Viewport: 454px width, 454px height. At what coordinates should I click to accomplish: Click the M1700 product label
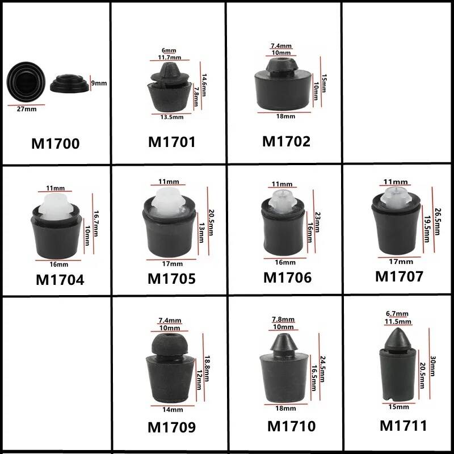pyautogui.click(x=55, y=144)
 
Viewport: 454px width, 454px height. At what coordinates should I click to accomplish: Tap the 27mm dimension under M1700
pyautogui.click(x=27, y=109)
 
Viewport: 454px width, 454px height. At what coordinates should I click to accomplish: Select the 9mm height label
pyautogui.click(x=99, y=83)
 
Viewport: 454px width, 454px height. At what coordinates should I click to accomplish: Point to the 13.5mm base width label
pyautogui.click(x=172, y=117)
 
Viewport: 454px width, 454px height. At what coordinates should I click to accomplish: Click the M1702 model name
pyautogui.click(x=286, y=141)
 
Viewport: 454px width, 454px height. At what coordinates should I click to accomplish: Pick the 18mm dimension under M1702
pyautogui.click(x=285, y=116)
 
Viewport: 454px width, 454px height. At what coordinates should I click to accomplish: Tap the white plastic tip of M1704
pyautogui.click(x=56, y=206)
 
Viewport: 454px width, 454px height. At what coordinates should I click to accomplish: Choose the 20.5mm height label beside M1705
pyautogui.click(x=211, y=222)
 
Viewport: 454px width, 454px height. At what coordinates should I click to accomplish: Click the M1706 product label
pyautogui.click(x=287, y=278)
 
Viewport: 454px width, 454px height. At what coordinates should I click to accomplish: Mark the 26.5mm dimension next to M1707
pyautogui.click(x=436, y=221)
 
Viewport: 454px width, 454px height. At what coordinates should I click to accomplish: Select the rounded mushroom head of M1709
pyautogui.click(x=170, y=344)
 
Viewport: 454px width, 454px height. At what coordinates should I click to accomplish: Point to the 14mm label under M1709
pyautogui.click(x=173, y=410)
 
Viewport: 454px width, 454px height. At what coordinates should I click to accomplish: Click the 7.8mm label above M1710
pyautogui.click(x=283, y=319)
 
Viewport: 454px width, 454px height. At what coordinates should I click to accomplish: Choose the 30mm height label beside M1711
pyautogui.click(x=432, y=366)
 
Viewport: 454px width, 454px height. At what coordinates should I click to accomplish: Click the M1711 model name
pyautogui.click(x=403, y=426)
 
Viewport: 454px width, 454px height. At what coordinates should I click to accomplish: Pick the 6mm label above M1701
pyautogui.click(x=169, y=51)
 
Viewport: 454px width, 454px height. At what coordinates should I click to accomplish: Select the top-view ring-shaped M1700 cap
pyautogui.click(x=26, y=81)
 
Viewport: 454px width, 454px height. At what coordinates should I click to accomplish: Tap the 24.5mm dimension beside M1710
pyautogui.click(x=322, y=369)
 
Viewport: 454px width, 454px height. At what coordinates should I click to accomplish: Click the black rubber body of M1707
pyautogui.click(x=396, y=229)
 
